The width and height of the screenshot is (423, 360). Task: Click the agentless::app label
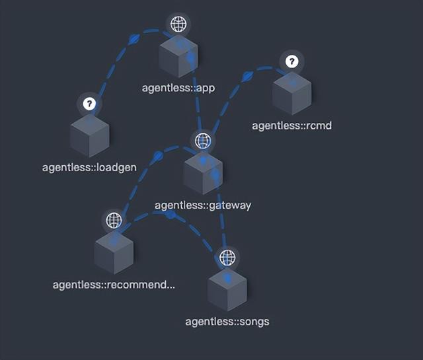click(178, 88)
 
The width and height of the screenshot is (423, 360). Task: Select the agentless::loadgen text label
click(89, 168)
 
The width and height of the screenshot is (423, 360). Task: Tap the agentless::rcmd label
click(291, 126)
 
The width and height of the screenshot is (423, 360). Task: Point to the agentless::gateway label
click(203, 205)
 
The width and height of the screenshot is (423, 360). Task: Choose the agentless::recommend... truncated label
click(114, 285)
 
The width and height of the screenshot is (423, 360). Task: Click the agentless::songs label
click(227, 322)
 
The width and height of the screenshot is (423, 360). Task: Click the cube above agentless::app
click(178, 57)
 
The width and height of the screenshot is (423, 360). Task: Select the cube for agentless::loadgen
click(90, 136)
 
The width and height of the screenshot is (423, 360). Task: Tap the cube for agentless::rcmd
click(292, 94)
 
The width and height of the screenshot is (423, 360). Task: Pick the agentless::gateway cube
click(203, 174)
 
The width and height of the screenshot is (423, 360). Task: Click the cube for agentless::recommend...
click(114, 253)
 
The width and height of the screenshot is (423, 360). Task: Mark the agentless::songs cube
click(227, 290)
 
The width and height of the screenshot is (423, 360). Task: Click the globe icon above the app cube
click(178, 24)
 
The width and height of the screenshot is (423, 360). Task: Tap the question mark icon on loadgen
click(90, 104)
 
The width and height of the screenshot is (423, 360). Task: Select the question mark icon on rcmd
click(292, 61)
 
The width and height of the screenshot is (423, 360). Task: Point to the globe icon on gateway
click(203, 141)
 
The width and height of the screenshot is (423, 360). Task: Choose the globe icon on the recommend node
click(114, 220)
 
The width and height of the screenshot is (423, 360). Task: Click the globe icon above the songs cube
click(227, 257)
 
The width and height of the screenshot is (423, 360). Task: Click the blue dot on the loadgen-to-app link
click(134, 39)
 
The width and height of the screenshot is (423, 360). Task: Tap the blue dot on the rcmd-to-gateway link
click(247, 77)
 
